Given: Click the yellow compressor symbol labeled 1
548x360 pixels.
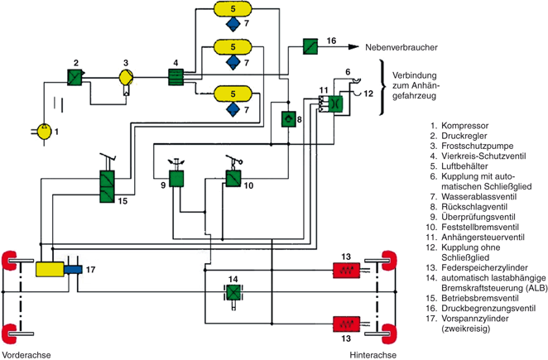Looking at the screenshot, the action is pos(44,132).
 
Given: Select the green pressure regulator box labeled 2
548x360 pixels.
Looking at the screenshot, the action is pos(75,77).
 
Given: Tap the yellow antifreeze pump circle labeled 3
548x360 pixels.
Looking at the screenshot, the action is pos(126,77).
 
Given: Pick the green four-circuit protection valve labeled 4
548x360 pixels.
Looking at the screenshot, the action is pos(175,77).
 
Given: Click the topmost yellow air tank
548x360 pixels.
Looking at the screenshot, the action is pos(233,9).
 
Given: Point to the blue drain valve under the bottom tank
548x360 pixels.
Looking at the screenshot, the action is pos(233,109).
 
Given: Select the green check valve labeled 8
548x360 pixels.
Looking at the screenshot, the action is pos(289,119).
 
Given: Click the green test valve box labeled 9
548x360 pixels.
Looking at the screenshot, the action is pos(176,179).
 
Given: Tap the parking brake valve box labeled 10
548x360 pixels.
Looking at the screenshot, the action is pos(233,179).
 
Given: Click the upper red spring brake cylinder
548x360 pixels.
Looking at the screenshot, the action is pos(346,270).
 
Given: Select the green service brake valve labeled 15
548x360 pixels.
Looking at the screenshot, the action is pos(107,186).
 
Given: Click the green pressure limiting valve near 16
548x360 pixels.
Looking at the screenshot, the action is pos(310,46).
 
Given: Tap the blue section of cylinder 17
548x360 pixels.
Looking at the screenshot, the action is pos(73,270).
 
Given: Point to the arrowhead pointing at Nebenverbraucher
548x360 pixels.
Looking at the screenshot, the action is pos(353,47).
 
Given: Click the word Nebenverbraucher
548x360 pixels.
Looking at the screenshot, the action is pos(401,47).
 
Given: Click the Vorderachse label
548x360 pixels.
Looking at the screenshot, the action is pos(26,355).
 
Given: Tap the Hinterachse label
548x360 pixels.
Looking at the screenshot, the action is pos(373,355).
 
